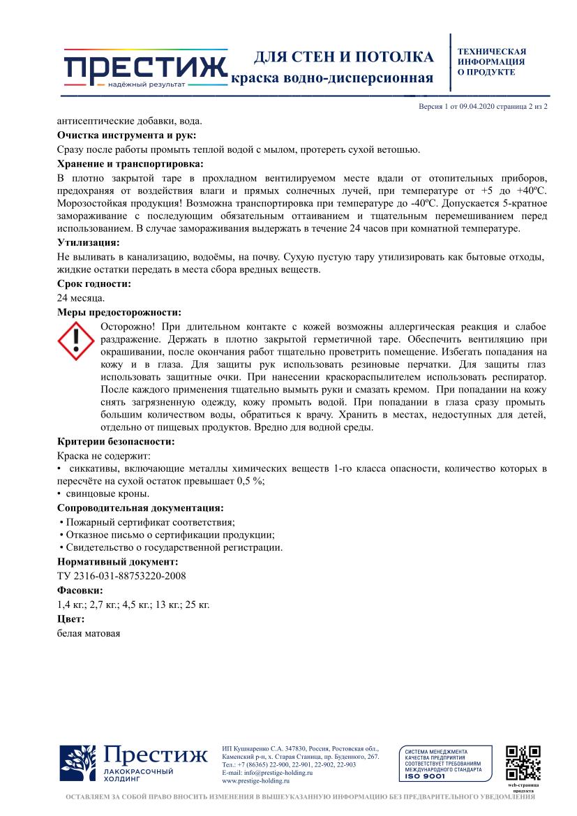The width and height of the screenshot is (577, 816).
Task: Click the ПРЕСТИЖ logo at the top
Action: tap(145, 68)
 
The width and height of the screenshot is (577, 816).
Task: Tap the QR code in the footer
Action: tap(523, 764)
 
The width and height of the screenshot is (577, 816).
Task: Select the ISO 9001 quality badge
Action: tap(442, 764)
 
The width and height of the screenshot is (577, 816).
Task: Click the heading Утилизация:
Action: tap(89, 243)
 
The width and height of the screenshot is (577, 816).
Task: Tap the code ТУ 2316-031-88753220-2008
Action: tap(121, 575)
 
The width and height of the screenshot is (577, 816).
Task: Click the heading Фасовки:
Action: tap(80, 590)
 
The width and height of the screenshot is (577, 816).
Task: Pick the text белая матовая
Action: tap(89, 633)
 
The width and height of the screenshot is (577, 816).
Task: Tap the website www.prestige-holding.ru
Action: tap(255, 781)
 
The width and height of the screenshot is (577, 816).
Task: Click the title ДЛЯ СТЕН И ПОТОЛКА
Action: tap(343, 57)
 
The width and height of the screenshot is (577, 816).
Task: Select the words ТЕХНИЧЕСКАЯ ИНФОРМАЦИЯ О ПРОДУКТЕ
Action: tap(491, 62)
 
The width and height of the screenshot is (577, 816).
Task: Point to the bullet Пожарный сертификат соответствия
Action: tap(149, 521)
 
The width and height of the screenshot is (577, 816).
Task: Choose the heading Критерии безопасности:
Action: tap(115, 442)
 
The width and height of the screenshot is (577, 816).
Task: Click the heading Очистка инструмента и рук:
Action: tap(126, 135)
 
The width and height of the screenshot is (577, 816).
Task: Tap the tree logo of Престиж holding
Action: tap(78, 765)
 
